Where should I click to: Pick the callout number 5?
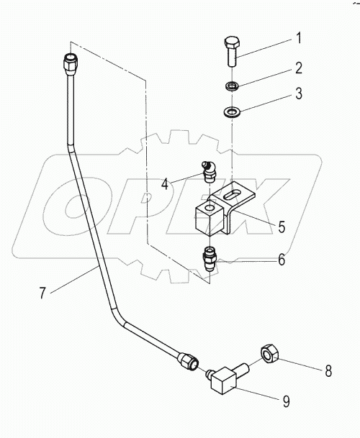(282, 227)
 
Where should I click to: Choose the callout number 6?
(282, 260)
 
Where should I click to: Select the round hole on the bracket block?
(206, 209)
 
